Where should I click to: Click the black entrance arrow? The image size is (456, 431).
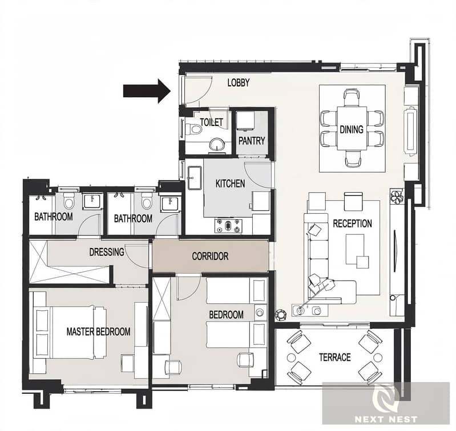[x=147, y=91]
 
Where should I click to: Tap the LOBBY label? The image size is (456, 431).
[x=239, y=83]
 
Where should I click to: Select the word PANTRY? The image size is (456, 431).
[x=252, y=141]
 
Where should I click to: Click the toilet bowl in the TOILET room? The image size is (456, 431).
[x=194, y=128]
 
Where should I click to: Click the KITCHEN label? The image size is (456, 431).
[x=230, y=184]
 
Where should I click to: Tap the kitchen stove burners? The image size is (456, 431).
[x=229, y=225]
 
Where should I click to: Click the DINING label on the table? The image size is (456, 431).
[x=352, y=129]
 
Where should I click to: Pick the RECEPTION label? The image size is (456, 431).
[x=352, y=223]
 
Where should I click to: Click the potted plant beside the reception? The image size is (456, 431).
[x=397, y=197]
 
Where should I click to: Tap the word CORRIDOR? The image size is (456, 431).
[x=210, y=256]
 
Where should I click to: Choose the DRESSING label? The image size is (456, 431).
[x=107, y=252]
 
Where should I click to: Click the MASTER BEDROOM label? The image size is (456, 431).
[x=98, y=331]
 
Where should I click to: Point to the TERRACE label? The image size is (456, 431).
[x=335, y=357]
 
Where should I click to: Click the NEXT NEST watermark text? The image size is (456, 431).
[x=386, y=419]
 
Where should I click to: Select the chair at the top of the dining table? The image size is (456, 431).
[x=352, y=97]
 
